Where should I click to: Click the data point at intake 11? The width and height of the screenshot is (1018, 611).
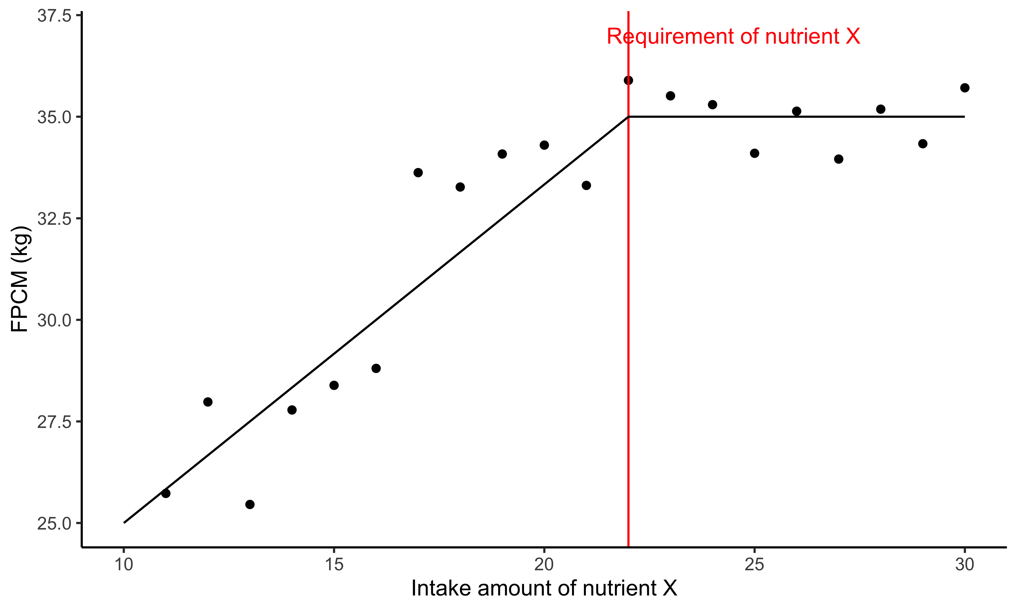pos(166,493)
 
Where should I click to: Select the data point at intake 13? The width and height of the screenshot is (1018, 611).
pos(250,504)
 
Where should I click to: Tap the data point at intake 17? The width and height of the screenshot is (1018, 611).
pos(418,173)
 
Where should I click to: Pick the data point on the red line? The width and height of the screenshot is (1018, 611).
pos(628,80)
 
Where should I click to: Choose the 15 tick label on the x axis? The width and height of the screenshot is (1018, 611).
pos(334,564)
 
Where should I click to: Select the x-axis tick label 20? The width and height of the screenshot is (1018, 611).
pos(544,564)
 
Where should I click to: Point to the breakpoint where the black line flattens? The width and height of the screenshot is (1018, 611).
pos(628,117)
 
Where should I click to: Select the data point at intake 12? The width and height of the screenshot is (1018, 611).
pos(208,402)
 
